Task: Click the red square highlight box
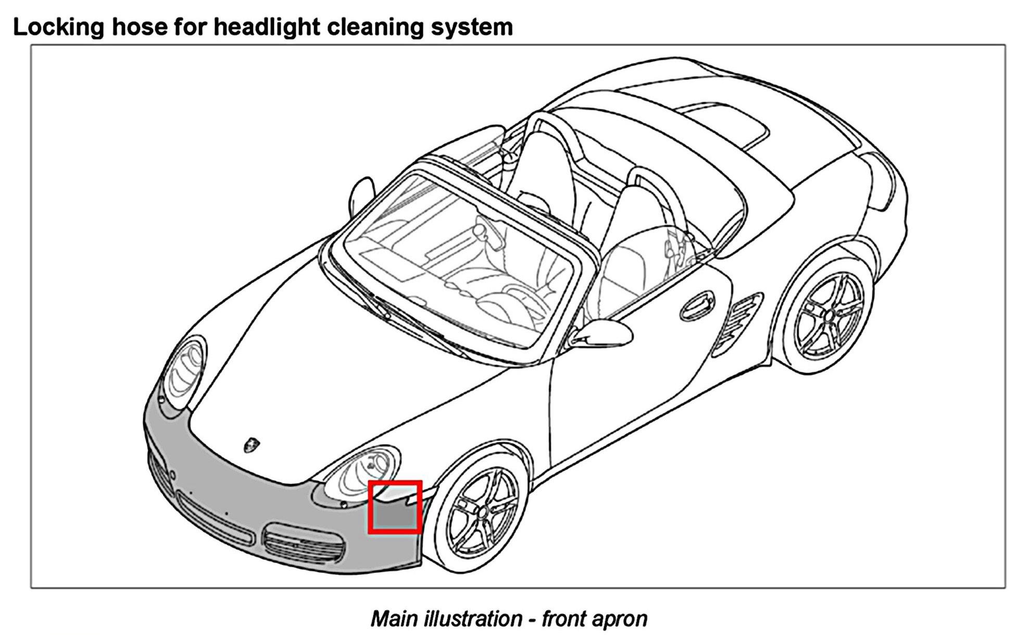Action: tap(394, 507)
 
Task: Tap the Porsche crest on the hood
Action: tap(252, 444)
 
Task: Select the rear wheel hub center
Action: tap(827, 315)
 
